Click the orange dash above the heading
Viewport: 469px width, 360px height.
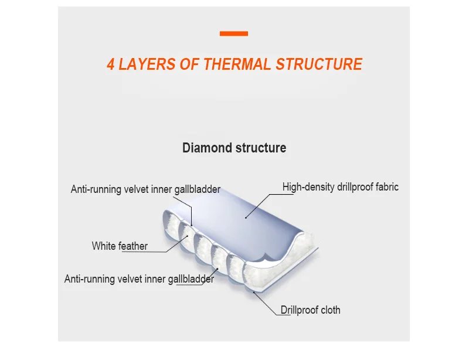(234, 34)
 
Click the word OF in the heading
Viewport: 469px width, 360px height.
(190, 64)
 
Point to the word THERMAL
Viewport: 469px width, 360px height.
(237, 64)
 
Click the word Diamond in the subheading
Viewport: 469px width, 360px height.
(208, 148)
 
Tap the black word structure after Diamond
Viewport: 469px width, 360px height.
(261, 148)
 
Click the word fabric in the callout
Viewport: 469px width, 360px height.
(386, 187)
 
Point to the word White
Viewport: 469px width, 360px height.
(104, 246)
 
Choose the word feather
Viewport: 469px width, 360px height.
(133, 246)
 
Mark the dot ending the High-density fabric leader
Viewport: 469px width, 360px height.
(246, 218)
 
